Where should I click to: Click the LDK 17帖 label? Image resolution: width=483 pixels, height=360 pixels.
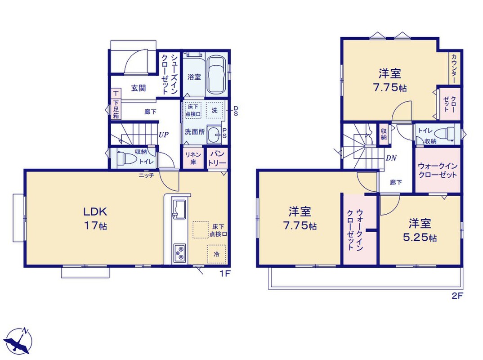[95, 219]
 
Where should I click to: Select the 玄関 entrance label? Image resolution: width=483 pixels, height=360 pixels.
[139, 88]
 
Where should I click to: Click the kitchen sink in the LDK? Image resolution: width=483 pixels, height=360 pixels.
[179, 209]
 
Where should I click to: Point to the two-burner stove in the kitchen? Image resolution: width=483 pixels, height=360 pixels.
[179, 253]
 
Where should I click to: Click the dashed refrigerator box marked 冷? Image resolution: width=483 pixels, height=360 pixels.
[217, 254]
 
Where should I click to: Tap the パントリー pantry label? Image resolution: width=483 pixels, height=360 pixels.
[217, 158]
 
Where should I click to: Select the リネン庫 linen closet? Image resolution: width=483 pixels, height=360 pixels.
[193, 158]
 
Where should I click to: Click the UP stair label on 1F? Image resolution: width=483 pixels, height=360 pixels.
[163, 135]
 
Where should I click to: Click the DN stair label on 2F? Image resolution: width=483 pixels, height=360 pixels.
[391, 158]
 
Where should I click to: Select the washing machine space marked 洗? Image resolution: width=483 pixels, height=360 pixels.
[215, 110]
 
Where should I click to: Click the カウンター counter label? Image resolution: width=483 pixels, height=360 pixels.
[454, 68]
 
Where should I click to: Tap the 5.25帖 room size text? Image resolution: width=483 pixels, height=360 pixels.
[420, 238]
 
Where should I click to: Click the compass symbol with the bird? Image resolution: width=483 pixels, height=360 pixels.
[20, 341]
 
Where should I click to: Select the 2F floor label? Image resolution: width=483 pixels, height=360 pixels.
[457, 296]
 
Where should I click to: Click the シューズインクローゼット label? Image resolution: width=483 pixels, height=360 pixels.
[170, 74]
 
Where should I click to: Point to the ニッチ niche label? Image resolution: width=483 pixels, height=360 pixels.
[146, 175]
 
